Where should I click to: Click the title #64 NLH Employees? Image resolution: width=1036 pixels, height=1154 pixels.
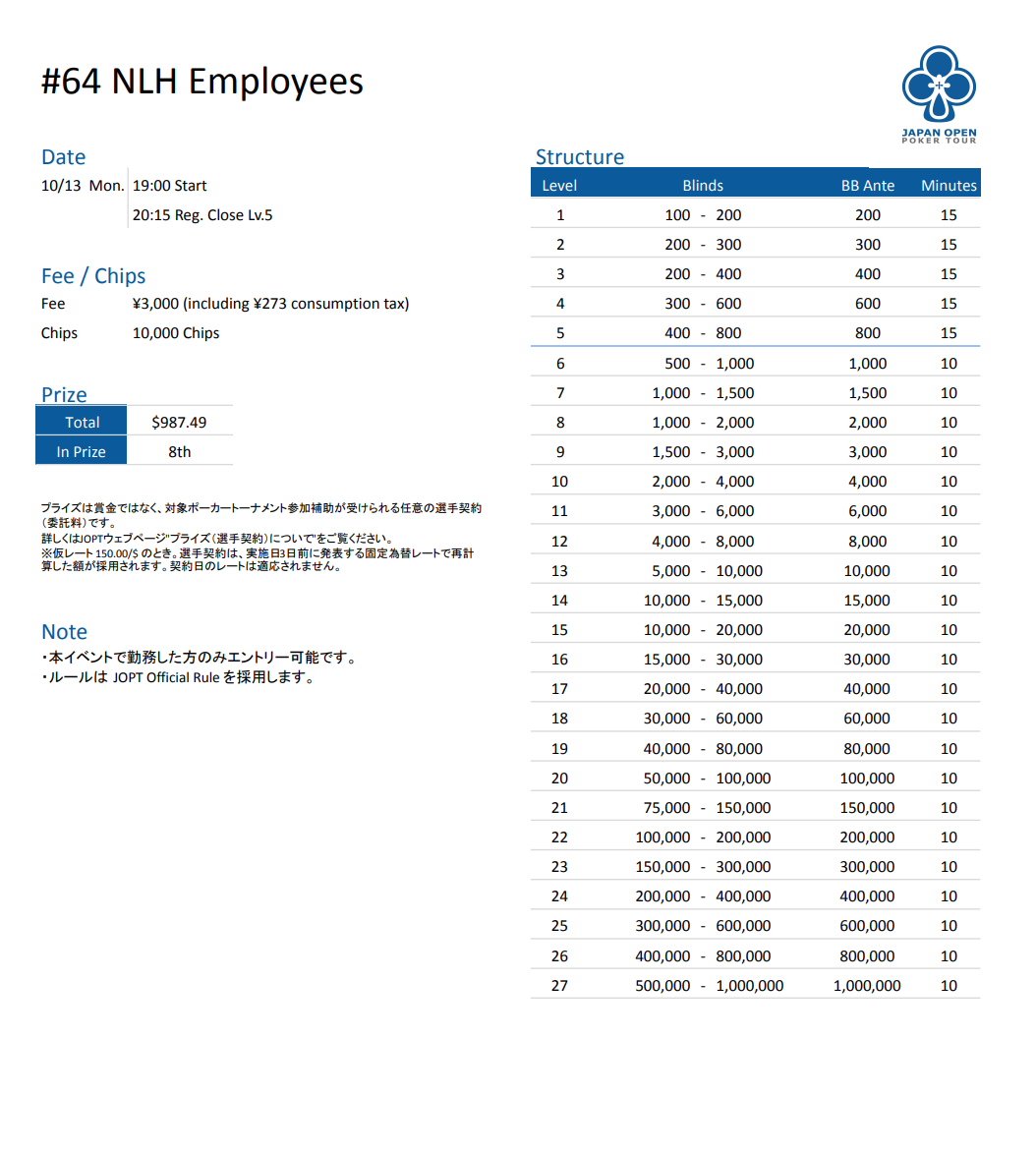[202, 81]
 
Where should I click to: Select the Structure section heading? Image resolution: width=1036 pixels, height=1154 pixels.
[579, 157]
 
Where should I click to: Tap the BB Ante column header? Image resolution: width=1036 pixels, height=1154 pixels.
[867, 185]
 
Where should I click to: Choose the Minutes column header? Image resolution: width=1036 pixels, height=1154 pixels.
[949, 185]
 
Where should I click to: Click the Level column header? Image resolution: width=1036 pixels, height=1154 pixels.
[559, 185]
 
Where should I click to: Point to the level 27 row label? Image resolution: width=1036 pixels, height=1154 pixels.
[559, 985]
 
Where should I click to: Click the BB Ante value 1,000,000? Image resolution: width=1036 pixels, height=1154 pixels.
[867, 985]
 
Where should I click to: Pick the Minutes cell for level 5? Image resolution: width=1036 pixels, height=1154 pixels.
[949, 332]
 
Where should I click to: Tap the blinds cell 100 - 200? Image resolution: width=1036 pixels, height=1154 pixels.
[703, 214]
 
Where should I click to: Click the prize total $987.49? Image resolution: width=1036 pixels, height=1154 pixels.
[179, 422]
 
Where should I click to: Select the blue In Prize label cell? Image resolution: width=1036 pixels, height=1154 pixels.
[82, 451]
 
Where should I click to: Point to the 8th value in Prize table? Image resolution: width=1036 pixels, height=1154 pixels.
[179, 451]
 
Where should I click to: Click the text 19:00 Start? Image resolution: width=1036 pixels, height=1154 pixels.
[169, 185]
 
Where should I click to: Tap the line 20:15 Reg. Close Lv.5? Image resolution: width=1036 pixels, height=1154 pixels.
[202, 214]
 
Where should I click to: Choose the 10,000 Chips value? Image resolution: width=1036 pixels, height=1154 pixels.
[176, 332]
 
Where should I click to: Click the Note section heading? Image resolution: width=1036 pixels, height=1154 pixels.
[64, 632]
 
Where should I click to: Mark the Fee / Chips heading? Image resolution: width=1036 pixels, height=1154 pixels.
[93, 276]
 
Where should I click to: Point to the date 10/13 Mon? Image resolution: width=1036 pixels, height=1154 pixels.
[83, 185]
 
